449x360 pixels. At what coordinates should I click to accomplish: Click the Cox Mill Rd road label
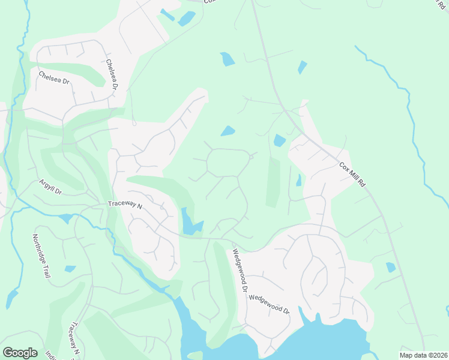click(x=352, y=175)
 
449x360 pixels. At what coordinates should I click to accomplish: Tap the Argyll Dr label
click(x=51, y=187)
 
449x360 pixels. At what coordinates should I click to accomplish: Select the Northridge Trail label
click(x=41, y=256)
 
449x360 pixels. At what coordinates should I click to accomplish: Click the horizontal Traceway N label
click(x=124, y=205)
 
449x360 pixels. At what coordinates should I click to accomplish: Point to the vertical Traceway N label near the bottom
click(x=74, y=338)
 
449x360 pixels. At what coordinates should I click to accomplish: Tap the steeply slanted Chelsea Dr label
click(x=112, y=74)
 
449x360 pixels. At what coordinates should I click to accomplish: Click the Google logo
click(x=20, y=352)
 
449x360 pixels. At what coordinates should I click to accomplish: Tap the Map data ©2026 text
click(x=423, y=355)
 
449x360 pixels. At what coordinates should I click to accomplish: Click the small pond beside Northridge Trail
click(x=70, y=269)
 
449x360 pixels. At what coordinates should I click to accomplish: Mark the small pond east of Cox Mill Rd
click(x=391, y=267)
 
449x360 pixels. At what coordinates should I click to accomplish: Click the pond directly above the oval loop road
click(x=228, y=131)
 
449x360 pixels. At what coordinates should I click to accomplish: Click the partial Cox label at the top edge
click(x=209, y=2)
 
